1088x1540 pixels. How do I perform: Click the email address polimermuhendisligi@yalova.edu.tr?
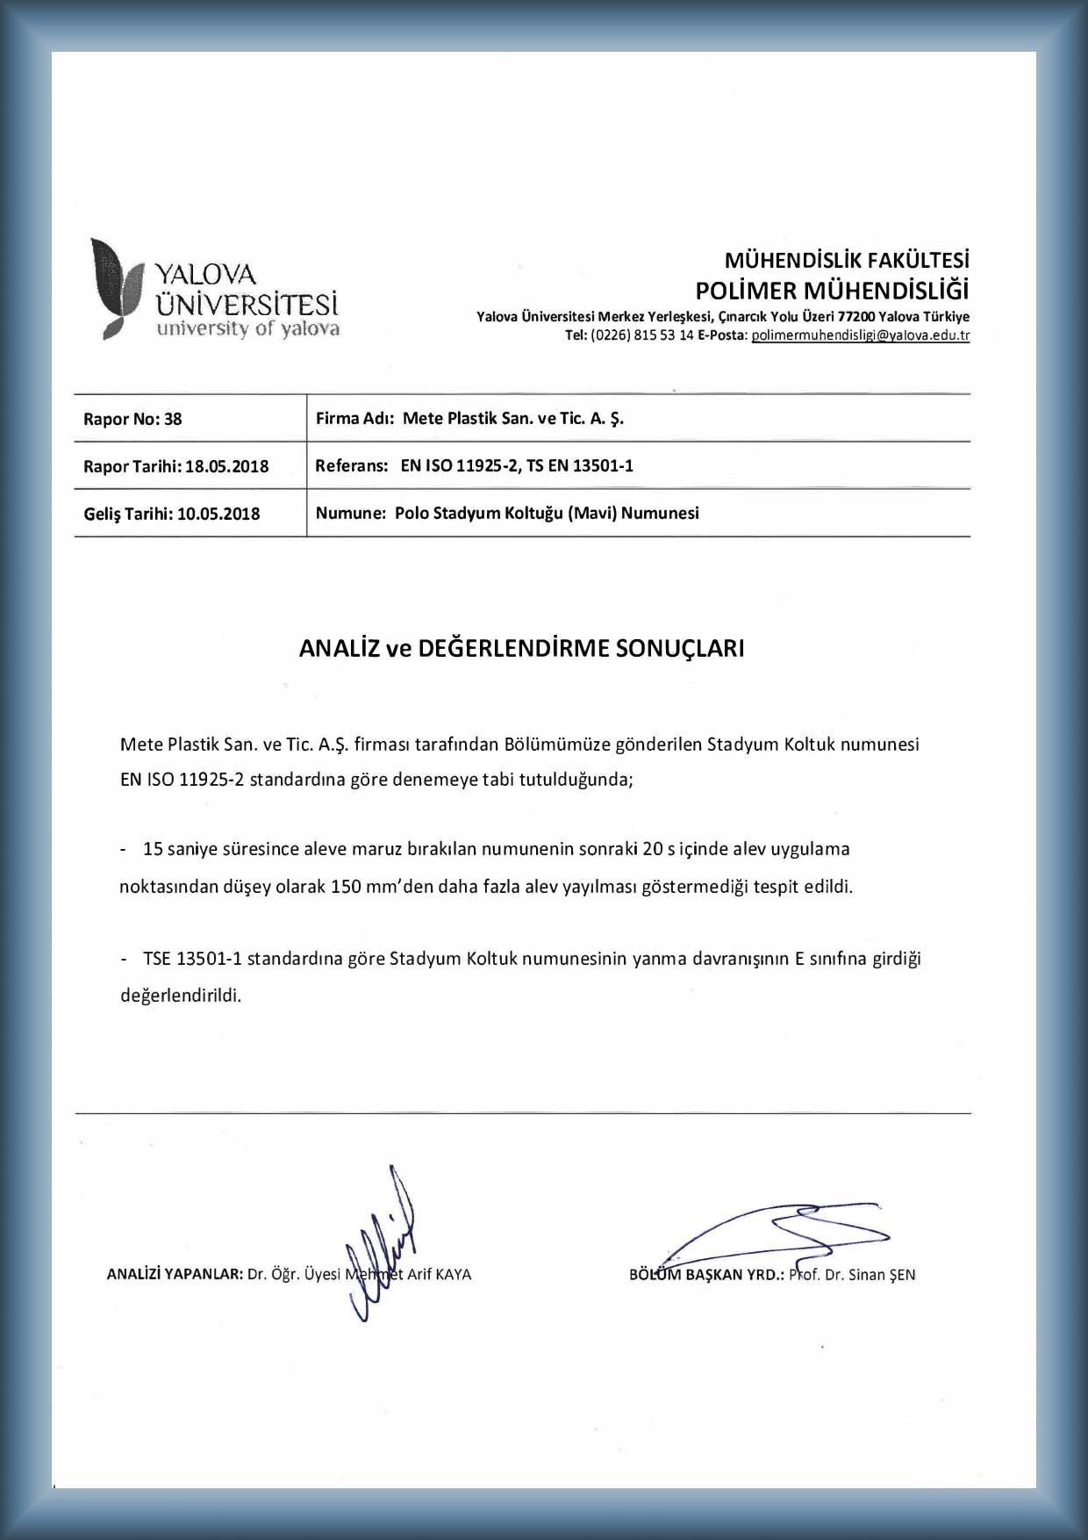tap(861, 335)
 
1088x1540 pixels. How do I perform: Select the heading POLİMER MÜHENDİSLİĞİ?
tap(832, 290)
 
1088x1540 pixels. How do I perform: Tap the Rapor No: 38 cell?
tap(132, 419)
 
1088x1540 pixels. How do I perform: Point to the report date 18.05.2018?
tap(227, 466)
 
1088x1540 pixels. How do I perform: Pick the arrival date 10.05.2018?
tap(218, 514)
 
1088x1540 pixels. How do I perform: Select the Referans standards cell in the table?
tap(474, 465)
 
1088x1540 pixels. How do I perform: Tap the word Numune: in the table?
tap(351, 513)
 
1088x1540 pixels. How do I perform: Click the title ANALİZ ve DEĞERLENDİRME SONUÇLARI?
tap(521, 648)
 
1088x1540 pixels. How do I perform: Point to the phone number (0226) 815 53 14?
tap(642, 335)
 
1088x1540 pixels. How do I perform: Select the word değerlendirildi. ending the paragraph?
tap(180, 996)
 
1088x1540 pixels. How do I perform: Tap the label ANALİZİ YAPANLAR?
tap(174, 1274)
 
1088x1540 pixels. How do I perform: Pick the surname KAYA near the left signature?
tap(453, 1274)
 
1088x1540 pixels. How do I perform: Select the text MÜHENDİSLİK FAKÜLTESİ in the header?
tap(847, 261)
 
